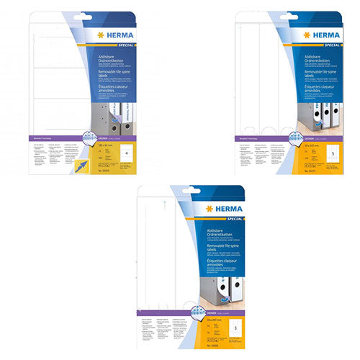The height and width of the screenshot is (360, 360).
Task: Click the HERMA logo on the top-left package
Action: tap(107, 34)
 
